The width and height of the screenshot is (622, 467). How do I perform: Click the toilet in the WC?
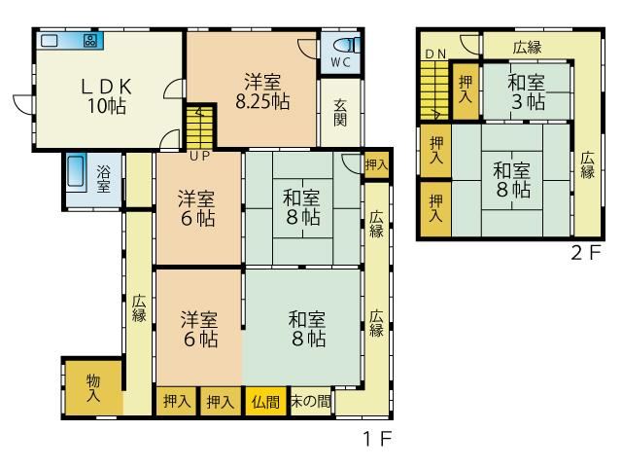click(347, 45)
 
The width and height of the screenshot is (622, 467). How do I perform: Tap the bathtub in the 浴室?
click(76, 171)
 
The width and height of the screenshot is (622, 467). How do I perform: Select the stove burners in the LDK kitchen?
click(89, 40)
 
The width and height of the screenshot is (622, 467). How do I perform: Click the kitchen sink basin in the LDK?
click(50, 40)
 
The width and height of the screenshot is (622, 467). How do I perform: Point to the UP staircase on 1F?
click(200, 127)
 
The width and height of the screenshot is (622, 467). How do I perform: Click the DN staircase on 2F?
click(434, 90)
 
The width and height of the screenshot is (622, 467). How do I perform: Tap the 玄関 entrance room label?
click(340, 113)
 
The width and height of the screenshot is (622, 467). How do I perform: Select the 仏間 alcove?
click(265, 402)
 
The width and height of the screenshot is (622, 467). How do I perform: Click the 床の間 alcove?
click(311, 402)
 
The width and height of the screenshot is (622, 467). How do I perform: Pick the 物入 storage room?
click(93, 388)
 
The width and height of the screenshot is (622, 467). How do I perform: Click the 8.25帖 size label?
click(262, 102)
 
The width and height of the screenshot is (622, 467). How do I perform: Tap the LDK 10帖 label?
click(107, 96)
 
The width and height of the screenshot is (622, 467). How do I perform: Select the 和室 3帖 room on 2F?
click(527, 90)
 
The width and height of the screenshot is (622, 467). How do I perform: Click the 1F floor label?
click(378, 439)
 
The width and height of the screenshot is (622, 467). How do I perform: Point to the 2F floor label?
click(586, 253)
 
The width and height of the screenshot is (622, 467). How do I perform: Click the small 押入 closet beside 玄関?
click(376, 164)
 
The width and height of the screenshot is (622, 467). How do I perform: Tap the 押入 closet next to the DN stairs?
click(466, 90)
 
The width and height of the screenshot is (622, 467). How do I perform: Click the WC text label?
click(340, 62)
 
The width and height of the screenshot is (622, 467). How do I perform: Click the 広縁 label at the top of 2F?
click(527, 48)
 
